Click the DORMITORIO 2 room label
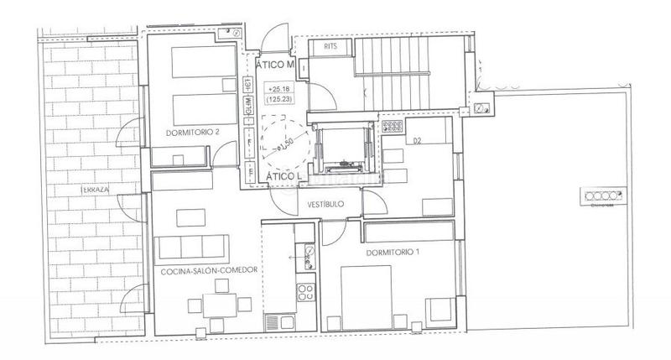point(194,132)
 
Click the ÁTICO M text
point(276,65)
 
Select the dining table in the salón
point(222,307)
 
